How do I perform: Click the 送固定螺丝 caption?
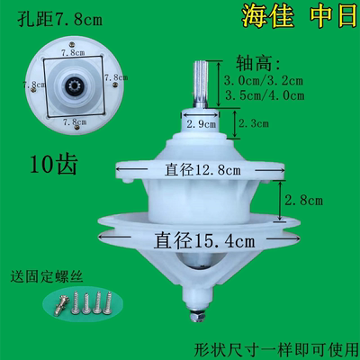tap(46, 274)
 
